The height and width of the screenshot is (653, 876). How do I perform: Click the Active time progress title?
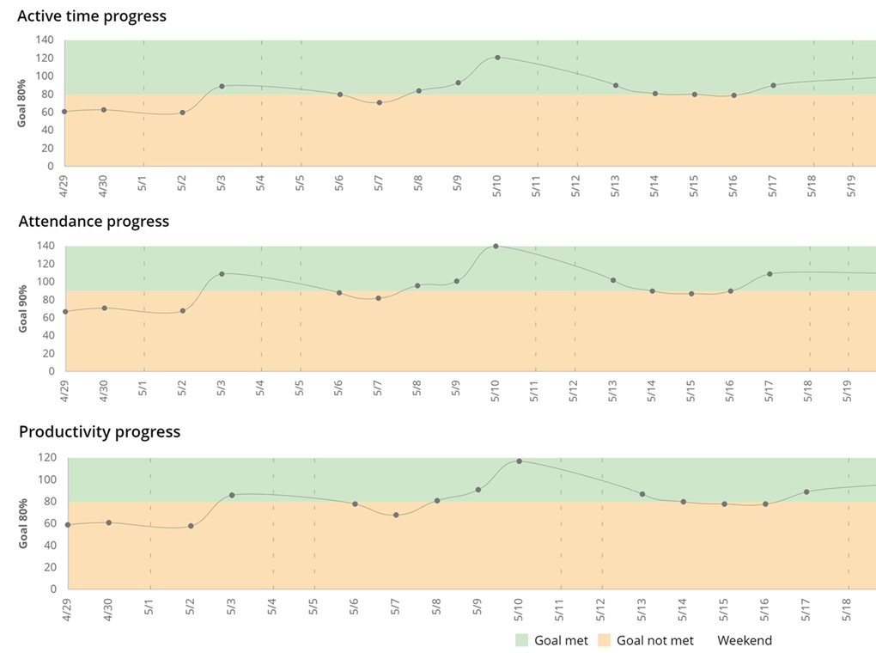tap(92, 15)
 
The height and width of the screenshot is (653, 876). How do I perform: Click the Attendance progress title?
tap(94, 222)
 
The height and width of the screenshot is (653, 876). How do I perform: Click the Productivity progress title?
tap(100, 431)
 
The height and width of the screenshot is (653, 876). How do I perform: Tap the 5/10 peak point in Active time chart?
tap(497, 58)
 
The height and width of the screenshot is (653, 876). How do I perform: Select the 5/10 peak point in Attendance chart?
tap(496, 246)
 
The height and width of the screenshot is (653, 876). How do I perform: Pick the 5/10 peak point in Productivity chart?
tap(519, 461)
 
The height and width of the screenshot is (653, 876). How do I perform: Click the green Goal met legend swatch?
tap(521, 640)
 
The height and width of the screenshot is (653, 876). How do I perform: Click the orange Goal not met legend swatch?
tap(604, 640)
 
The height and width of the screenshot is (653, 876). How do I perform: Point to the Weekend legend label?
tap(744, 640)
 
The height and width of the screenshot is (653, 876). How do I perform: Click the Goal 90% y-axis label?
tap(24, 308)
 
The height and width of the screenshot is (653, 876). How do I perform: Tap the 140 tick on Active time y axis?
tap(45, 40)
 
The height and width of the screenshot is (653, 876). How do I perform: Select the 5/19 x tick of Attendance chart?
tap(849, 388)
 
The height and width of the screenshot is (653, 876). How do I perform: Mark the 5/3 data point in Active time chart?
tap(222, 86)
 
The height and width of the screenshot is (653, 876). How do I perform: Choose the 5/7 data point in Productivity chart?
tap(396, 515)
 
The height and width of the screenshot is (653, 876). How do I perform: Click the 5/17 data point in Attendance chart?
tap(770, 274)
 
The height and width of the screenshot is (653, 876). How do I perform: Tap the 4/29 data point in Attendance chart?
tap(65, 311)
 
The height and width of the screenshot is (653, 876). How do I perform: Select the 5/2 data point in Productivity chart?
tap(191, 526)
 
